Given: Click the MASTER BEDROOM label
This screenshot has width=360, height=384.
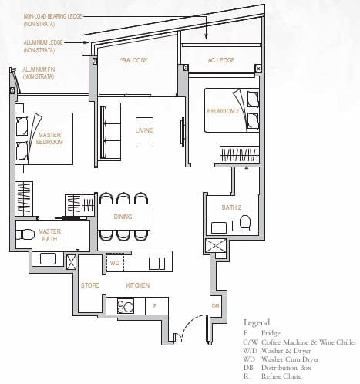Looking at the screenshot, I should (x=49, y=139).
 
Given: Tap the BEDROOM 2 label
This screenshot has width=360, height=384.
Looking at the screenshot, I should (x=222, y=111).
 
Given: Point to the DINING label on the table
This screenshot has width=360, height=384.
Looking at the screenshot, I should (x=123, y=217).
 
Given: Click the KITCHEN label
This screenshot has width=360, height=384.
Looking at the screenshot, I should (x=138, y=285).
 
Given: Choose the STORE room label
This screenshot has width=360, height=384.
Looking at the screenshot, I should (x=90, y=285).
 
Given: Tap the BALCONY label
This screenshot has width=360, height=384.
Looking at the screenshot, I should (x=134, y=59).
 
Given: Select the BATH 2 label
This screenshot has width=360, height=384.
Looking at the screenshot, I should (x=221, y=206).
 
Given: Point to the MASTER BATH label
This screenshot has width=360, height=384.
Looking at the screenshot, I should (x=49, y=234).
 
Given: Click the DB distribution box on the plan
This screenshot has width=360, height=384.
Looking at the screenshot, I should (x=215, y=306).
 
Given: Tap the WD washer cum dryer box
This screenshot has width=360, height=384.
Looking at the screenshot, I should (x=114, y=263).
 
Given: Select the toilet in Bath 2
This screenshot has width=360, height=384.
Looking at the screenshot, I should (x=245, y=223).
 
